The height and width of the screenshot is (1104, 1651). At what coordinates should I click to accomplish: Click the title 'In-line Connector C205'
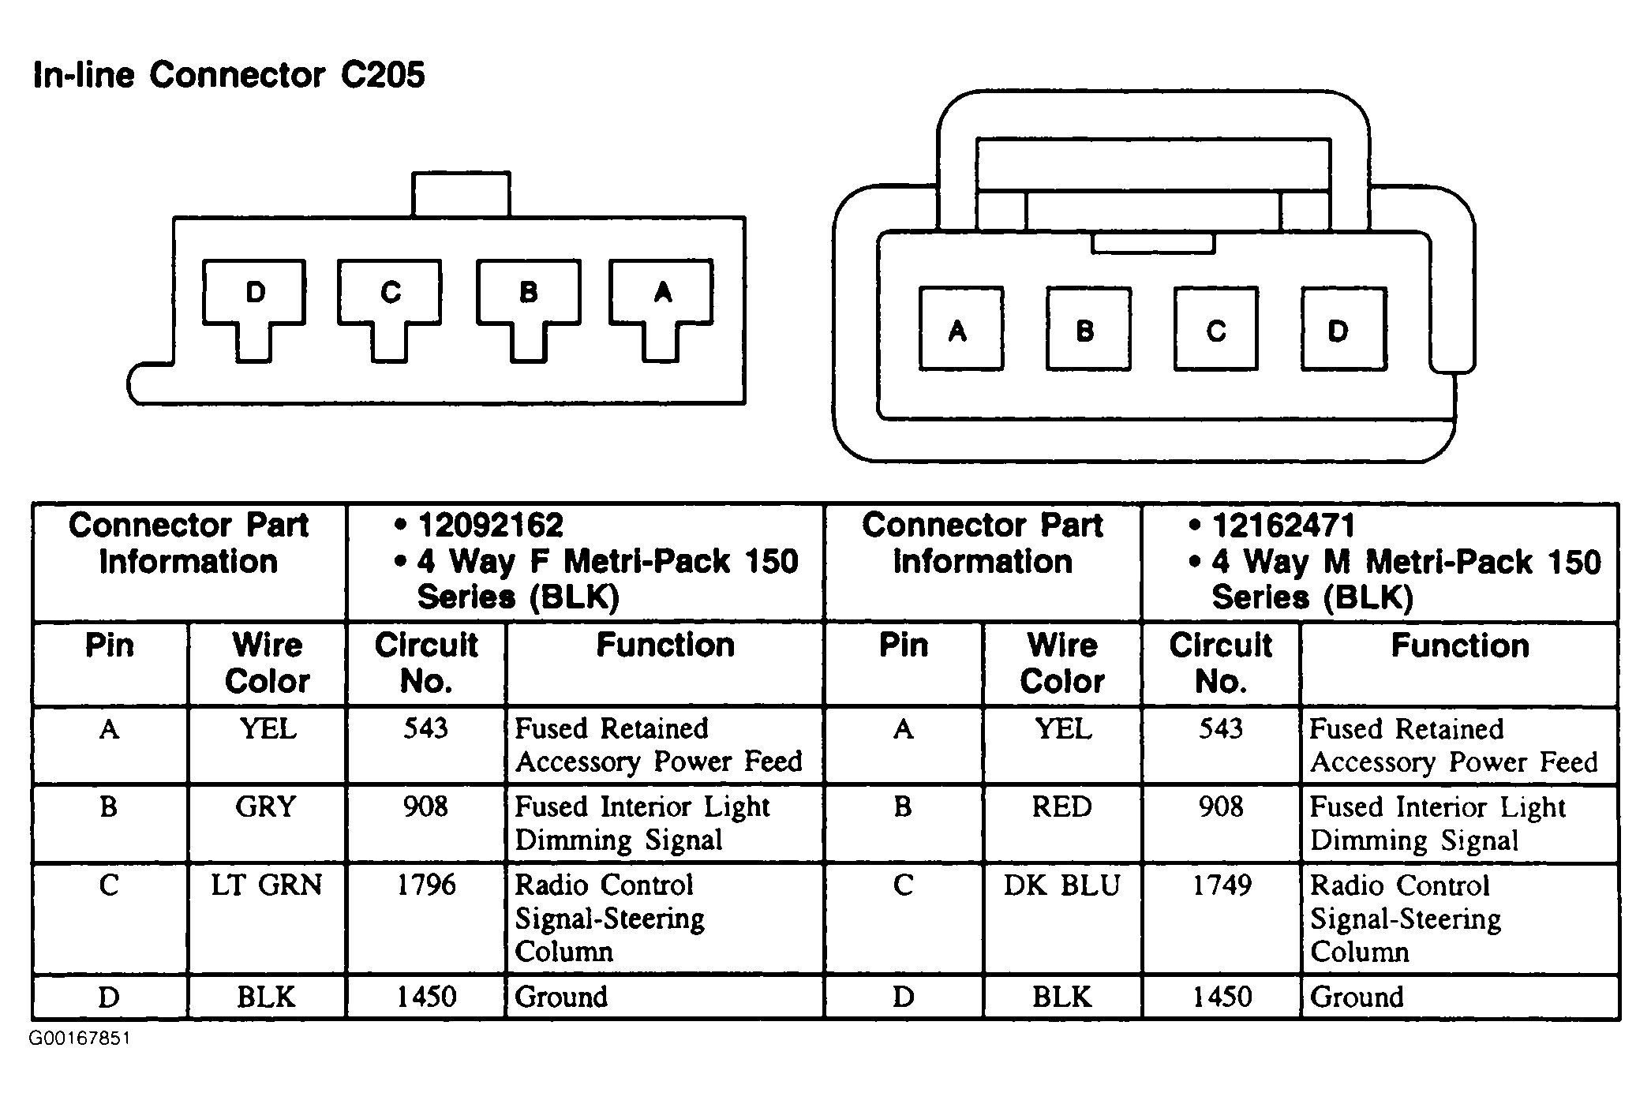point(229,76)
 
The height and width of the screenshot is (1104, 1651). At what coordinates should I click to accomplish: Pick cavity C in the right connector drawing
point(1216,329)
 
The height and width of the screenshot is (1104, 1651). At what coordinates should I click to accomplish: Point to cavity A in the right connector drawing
point(961,329)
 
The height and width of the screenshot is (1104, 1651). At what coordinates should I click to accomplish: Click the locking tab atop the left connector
point(461,194)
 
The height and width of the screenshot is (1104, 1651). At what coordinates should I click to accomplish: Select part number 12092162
point(490,526)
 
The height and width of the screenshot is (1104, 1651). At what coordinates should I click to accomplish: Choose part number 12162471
point(1283,526)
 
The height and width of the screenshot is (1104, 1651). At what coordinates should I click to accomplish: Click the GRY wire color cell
point(266,807)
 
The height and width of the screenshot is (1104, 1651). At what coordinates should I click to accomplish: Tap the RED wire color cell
point(1062,807)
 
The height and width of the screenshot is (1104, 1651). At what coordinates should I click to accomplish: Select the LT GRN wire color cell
point(267,885)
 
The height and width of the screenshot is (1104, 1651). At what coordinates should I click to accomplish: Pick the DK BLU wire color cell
point(1062,885)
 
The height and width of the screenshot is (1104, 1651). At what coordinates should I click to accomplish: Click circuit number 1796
point(426,885)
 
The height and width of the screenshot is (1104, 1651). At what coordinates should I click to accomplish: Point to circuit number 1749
point(1222,885)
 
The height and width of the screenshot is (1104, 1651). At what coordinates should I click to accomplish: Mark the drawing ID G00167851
point(80,1039)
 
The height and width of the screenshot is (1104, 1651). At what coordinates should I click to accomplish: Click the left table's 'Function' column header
point(665,646)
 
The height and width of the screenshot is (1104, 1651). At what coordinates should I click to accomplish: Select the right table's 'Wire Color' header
point(1062,664)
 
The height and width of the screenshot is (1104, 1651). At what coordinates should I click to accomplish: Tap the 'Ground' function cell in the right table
point(1357,997)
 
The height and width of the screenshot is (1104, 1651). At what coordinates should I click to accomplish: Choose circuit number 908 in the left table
point(426,807)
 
